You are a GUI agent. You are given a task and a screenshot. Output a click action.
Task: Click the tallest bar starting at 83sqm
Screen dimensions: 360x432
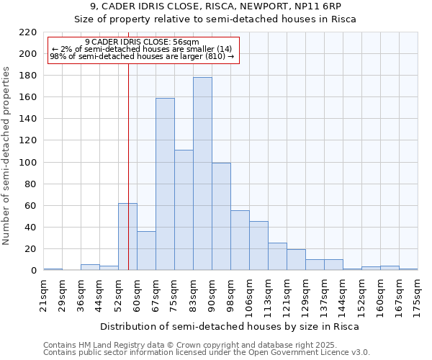click(x=202, y=174)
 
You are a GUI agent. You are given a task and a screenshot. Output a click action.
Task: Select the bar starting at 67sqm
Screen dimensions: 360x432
click(x=165, y=184)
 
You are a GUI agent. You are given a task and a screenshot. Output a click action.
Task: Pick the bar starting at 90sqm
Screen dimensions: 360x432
click(x=221, y=217)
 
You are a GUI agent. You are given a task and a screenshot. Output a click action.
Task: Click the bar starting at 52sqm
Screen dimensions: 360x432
click(x=127, y=237)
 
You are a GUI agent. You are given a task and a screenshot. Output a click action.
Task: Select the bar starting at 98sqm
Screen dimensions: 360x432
click(x=240, y=240)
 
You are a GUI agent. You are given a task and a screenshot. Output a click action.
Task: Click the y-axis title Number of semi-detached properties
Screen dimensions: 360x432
click(x=7, y=156)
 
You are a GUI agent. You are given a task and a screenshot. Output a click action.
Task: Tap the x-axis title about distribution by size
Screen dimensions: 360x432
click(x=229, y=327)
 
